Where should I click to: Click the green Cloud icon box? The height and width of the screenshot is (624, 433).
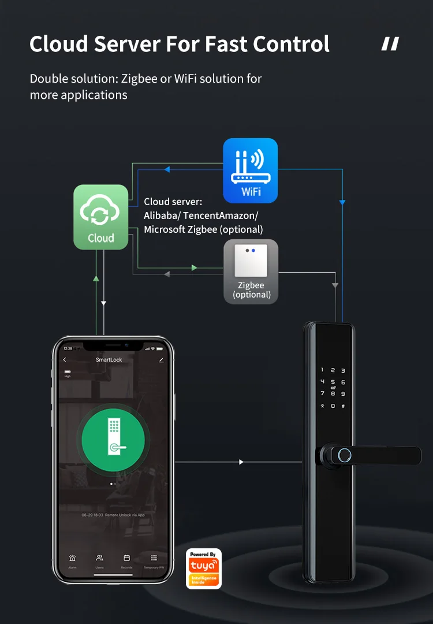coord(101,217)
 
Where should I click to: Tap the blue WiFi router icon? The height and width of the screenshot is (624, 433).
coord(251,170)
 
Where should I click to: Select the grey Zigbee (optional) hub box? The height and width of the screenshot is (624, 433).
coord(251,271)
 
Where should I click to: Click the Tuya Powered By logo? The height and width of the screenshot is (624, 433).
coord(204,569)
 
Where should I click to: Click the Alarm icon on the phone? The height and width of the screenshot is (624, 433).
coord(72,559)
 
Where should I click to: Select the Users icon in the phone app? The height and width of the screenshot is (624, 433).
coord(99,559)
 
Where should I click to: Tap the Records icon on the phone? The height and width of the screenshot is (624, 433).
coord(126,559)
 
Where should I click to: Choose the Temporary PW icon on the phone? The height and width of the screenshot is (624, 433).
coord(154,559)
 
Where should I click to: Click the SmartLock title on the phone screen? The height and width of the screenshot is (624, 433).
coord(109,360)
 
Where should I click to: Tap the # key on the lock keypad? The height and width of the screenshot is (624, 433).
coord(343,406)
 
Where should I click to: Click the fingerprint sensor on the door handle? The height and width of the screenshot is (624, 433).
coord(343,455)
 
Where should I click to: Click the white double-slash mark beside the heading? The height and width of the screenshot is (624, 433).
coord(390,44)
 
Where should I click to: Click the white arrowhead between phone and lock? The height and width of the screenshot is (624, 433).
coord(241,462)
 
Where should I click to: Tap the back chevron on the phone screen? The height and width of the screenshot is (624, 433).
coord(65,360)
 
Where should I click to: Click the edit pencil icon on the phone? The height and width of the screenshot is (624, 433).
coord(161,360)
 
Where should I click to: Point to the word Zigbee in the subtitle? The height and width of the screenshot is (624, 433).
coord(137,78)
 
